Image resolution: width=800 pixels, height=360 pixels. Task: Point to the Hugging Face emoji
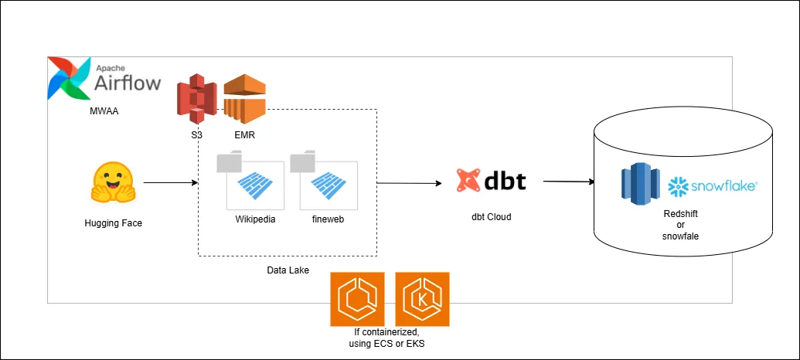pos(114,184)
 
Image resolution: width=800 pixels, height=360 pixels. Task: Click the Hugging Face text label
pos(114,224)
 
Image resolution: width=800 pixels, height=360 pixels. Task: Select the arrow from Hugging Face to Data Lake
pos(169,183)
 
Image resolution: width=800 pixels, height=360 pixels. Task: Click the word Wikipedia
pos(255,219)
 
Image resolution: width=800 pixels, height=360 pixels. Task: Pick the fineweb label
pos(329,219)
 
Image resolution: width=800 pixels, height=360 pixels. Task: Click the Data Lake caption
pos(288,270)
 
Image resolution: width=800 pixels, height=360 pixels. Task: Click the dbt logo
pos(492,180)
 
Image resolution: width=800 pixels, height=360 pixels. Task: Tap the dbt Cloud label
pos(492,217)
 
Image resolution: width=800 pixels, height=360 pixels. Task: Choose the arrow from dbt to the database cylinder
pos(569,182)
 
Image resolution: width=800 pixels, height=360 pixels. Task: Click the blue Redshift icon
pos(639,184)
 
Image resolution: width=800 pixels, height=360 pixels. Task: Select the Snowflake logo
pos(712,186)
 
